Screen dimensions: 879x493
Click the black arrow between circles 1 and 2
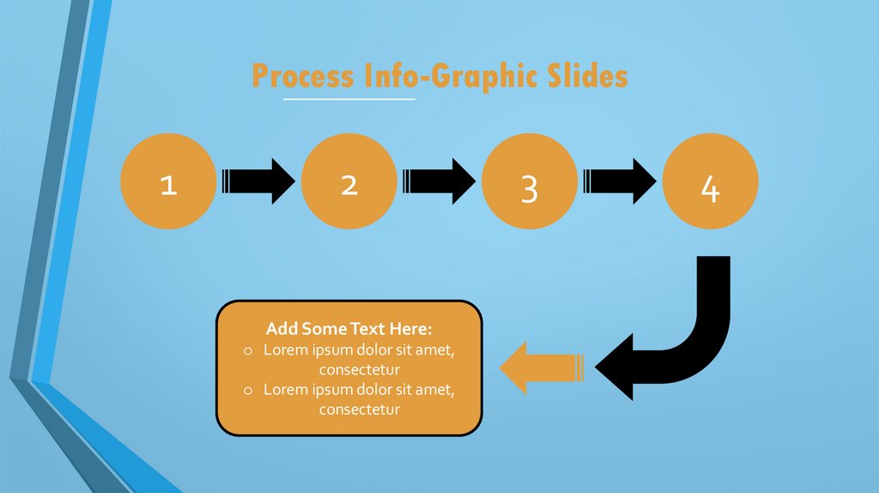(x=258, y=181)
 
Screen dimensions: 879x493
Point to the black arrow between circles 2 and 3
(x=439, y=181)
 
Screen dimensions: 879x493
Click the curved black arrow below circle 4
(x=687, y=344)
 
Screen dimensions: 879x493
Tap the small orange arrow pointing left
(x=541, y=368)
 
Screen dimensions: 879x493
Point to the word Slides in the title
(x=588, y=76)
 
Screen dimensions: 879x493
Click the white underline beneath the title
(x=349, y=100)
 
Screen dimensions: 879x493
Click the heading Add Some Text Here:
(x=349, y=329)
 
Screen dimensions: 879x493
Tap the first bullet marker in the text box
(x=247, y=350)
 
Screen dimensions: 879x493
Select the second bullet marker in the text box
(x=247, y=391)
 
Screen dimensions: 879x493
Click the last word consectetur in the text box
(x=360, y=410)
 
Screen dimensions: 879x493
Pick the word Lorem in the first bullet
(x=285, y=350)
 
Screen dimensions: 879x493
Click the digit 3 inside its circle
(x=529, y=189)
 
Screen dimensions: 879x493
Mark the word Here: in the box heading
(x=409, y=329)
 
